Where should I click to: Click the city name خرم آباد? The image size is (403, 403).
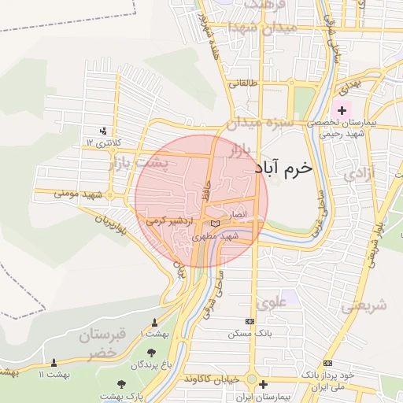point(284,168)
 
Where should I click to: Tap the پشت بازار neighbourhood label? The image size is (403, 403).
point(136,165)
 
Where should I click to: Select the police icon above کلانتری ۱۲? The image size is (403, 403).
point(103,131)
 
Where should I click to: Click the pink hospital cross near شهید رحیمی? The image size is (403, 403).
point(342,108)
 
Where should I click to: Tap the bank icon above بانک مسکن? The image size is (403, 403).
point(250,321)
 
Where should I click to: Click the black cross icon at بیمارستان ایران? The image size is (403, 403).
point(263,385)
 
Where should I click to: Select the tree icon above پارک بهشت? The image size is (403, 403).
point(120,383)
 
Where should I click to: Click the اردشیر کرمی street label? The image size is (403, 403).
point(166,221)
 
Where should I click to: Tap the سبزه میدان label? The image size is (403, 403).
point(261,124)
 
